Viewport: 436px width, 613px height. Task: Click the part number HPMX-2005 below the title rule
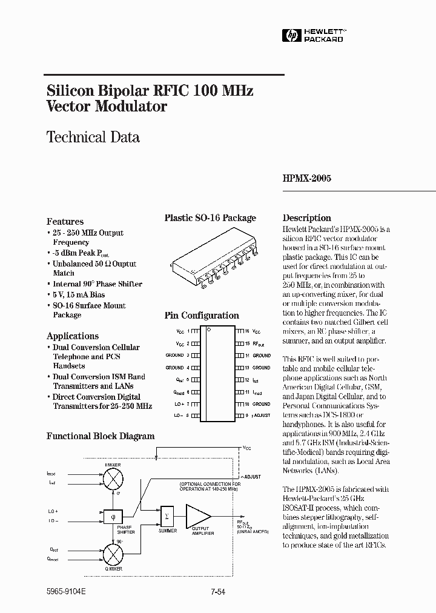pyautogui.click(x=307, y=179)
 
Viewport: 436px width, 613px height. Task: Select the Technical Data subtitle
pyautogui.click(x=93, y=137)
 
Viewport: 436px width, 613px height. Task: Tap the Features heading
pyautogui.click(x=65, y=222)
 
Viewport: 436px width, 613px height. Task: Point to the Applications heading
pyautogui.click(x=73, y=336)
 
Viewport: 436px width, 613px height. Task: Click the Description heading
pyautogui.click(x=307, y=218)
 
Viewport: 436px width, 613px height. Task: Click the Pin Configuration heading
pyautogui.click(x=202, y=316)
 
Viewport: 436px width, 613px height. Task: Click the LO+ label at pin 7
pyautogui.click(x=179, y=404)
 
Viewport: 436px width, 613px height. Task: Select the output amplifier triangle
pyautogui.click(x=197, y=516)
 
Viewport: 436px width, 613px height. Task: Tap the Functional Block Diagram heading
pyautogui.click(x=101, y=436)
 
